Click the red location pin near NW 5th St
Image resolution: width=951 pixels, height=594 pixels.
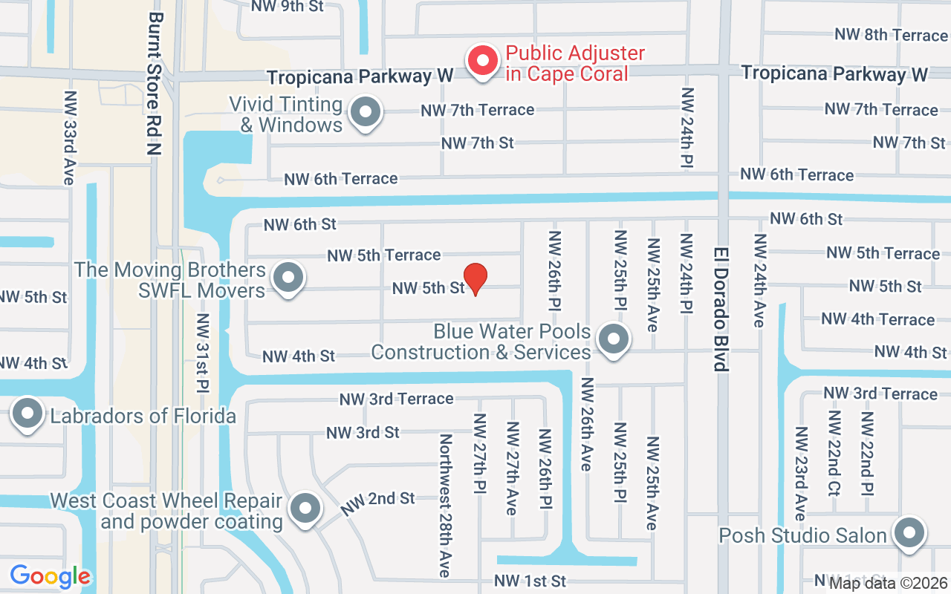tap(475, 278)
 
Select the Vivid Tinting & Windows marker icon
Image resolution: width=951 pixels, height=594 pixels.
tap(365, 114)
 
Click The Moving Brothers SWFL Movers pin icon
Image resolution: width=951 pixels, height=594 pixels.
tap(288, 278)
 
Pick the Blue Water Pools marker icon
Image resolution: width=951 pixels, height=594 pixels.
tap(612, 340)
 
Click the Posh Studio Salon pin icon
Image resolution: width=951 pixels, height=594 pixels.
tap(909, 534)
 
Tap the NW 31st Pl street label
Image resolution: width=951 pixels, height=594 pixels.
tap(203, 353)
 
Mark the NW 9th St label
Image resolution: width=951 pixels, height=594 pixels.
tap(287, 6)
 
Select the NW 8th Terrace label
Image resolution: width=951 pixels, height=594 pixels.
tap(891, 34)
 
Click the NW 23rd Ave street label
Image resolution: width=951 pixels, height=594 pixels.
tap(800, 473)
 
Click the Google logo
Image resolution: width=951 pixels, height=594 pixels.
tap(50, 576)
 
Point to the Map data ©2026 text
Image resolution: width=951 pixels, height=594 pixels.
tap(887, 584)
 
